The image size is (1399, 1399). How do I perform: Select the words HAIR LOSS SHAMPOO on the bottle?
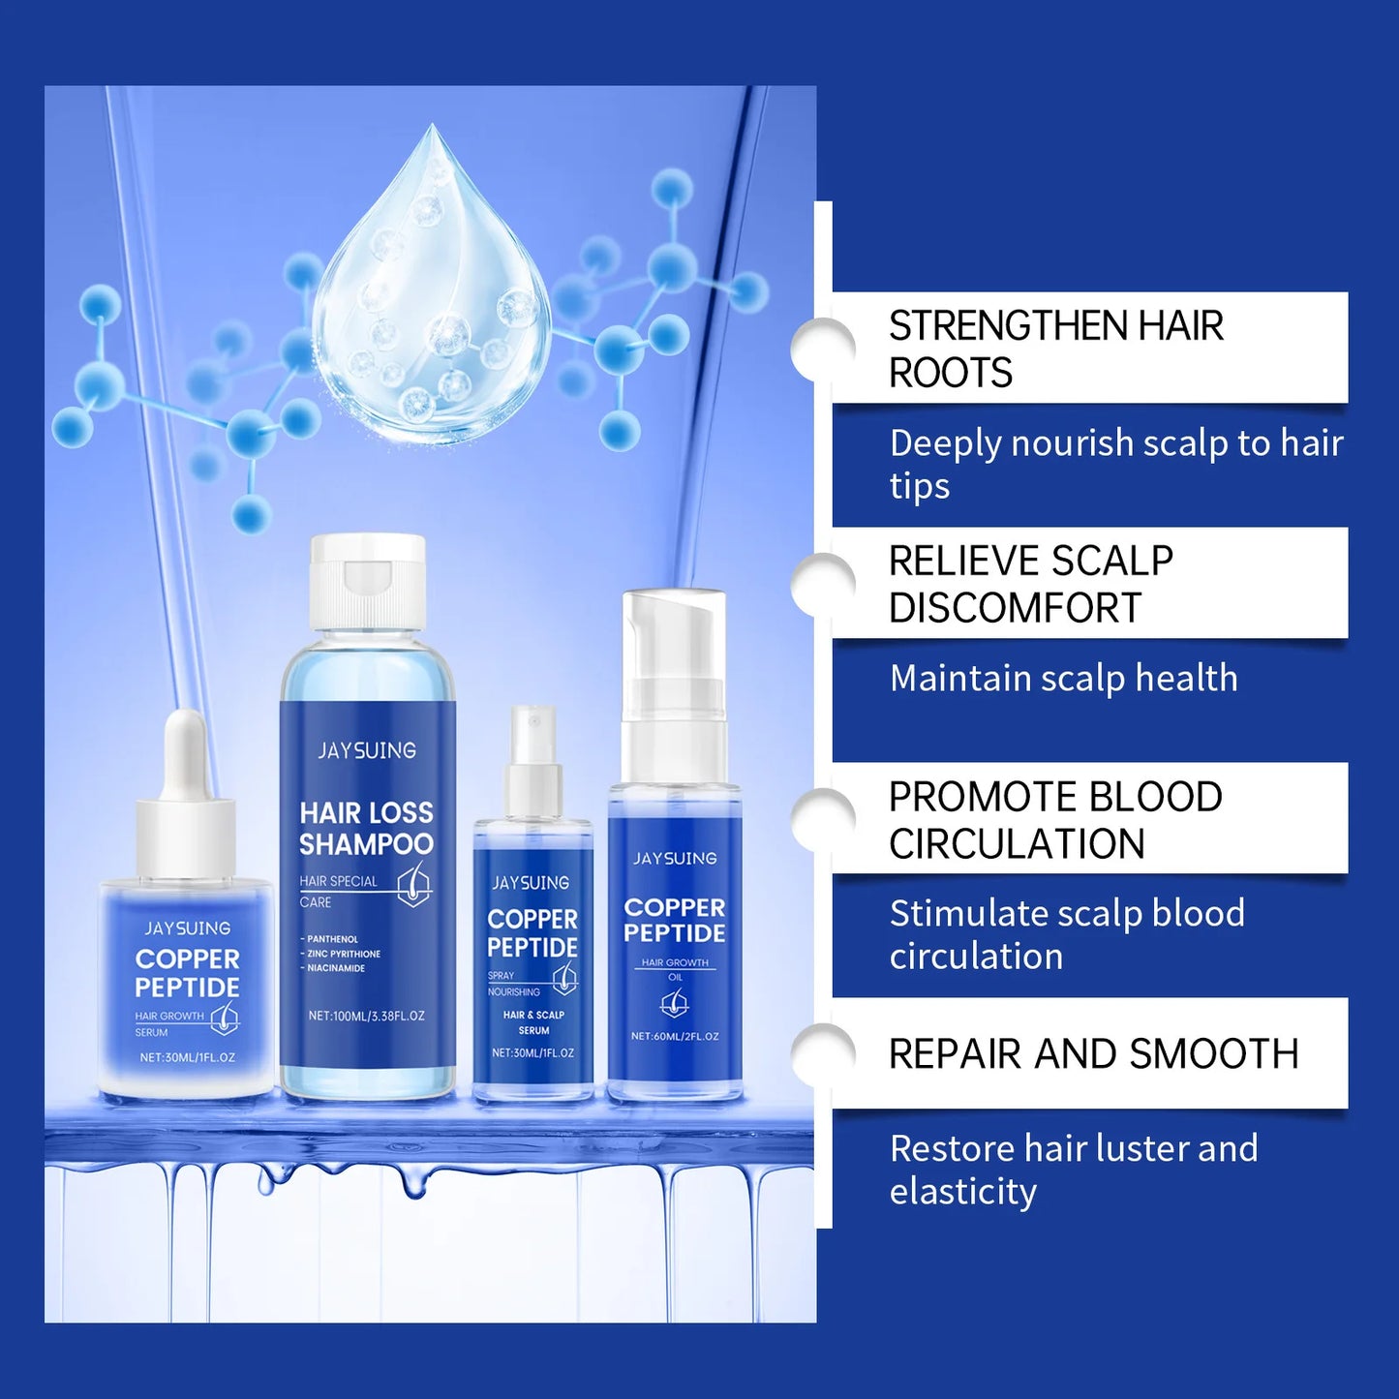366,828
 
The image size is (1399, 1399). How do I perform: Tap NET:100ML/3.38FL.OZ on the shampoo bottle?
366,1016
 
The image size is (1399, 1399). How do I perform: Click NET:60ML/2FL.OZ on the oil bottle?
675,1036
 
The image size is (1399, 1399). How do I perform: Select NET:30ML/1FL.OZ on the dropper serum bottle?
187,1057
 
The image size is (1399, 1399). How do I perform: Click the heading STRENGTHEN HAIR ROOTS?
1055,349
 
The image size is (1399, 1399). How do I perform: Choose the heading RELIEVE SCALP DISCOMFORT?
1030,584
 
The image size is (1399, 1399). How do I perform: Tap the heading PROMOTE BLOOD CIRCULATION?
1055,820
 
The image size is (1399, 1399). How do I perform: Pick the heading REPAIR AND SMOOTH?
1093,1053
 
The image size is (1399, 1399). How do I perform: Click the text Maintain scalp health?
1063,678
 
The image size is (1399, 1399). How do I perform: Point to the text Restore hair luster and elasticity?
1073,1170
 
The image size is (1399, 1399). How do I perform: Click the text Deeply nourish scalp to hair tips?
1115,464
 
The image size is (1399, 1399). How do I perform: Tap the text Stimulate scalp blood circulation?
1066,934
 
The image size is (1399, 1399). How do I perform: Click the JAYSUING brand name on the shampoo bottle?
367,750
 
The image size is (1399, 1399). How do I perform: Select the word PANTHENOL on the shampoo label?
332,939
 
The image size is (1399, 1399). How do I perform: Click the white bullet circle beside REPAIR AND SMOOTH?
822,1053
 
